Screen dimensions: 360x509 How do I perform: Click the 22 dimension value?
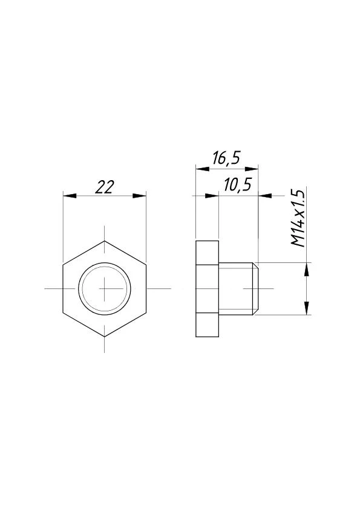tap(105, 187)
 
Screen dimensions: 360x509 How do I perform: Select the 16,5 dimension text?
tap(226, 158)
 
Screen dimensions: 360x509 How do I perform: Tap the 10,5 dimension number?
tap(238, 185)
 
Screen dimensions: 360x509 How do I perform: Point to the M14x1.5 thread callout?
tap(298, 218)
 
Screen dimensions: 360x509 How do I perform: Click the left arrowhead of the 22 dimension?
tap(69, 196)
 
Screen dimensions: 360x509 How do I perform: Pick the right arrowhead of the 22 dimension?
tap(139, 196)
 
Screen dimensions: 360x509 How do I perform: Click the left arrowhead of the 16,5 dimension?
tap(203, 169)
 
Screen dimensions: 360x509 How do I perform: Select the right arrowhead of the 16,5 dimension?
tap(252, 169)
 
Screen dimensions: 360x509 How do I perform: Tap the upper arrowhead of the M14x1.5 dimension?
tap(306, 269)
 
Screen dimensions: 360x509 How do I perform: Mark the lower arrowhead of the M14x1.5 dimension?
tap(306, 308)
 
